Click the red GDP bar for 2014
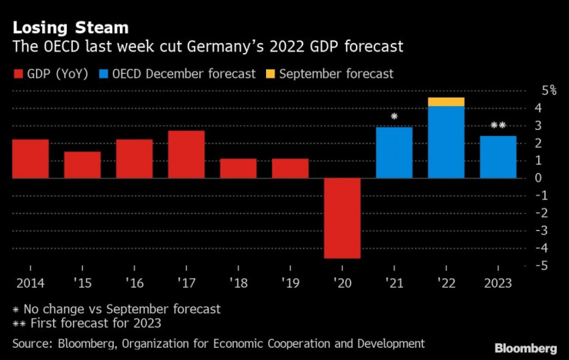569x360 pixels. pyautogui.click(x=30, y=158)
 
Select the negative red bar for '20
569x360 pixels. pyautogui.click(x=342, y=218)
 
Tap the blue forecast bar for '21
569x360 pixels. pyautogui.click(x=394, y=152)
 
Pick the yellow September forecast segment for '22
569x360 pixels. pyautogui.click(x=446, y=102)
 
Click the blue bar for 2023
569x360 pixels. pyautogui.click(x=497, y=157)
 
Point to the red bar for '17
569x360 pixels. pyautogui.click(x=186, y=154)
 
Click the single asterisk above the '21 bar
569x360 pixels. pyautogui.click(x=394, y=117)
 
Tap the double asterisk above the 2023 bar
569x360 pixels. pyautogui.click(x=497, y=126)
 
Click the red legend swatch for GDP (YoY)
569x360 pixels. pyautogui.click(x=18, y=75)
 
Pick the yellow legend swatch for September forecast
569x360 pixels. pyautogui.click(x=271, y=75)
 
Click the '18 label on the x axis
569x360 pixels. pyautogui.click(x=238, y=282)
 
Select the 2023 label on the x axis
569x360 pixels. pyautogui.click(x=497, y=282)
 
